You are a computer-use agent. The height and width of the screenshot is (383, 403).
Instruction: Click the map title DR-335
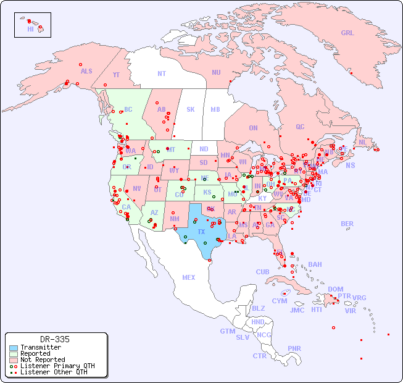[55, 339]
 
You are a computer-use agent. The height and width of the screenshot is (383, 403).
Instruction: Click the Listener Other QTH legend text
[53, 372]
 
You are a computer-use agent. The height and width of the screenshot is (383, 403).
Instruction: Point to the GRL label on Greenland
[347, 33]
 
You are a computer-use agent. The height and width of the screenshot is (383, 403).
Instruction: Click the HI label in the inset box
[30, 29]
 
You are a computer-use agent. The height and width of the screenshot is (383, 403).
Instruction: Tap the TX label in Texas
[201, 232]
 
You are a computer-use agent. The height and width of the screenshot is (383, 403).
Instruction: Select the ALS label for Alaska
[86, 71]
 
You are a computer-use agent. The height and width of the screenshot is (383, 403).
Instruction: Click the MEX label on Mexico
[189, 277]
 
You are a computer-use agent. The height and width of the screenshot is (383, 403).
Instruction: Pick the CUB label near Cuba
[263, 272]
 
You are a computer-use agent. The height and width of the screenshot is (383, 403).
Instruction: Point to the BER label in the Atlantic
[347, 224]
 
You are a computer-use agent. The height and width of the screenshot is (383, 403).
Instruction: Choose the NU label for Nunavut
[216, 72]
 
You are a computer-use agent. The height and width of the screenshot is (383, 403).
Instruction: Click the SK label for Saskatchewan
[191, 109]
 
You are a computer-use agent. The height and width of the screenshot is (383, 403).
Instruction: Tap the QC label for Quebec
[300, 127]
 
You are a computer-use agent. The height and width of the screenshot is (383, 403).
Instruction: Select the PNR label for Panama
[294, 348]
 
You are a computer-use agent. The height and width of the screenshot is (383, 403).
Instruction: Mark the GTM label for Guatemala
[227, 331]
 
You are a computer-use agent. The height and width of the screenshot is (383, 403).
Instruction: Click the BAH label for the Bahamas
[315, 264]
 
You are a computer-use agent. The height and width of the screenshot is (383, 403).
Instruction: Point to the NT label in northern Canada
[162, 73]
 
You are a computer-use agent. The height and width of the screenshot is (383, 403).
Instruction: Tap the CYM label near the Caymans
[280, 301]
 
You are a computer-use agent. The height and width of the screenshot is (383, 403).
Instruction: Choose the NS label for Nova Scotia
[350, 166]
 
